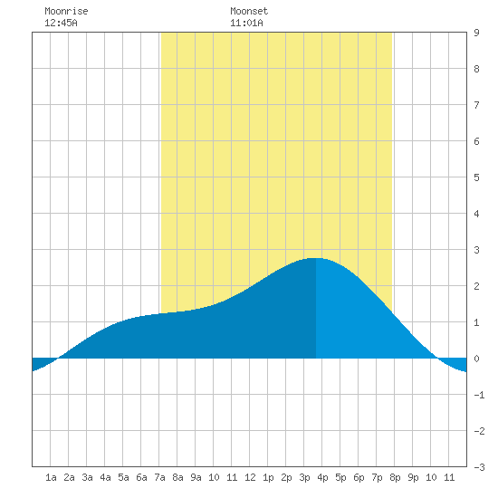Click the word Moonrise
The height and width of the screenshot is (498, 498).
click(x=66, y=11)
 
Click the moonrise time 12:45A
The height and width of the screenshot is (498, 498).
click(x=61, y=23)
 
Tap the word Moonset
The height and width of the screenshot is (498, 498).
click(x=249, y=11)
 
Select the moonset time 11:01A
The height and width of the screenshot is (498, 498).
click(x=246, y=23)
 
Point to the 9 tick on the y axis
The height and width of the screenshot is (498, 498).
click(x=476, y=33)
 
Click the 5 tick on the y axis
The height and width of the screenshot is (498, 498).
click(x=476, y=177)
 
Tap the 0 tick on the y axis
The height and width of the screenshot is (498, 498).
click(x=476, y=359)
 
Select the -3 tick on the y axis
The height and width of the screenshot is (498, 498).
click(x=479, y=467)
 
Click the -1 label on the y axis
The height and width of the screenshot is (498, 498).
click(x=479, y=395)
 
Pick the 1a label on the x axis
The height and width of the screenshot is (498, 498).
click(x=51, y=477)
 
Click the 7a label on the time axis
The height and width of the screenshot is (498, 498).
click(x=159, y=477)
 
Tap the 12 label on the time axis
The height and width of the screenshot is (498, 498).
click(x=250, y=477)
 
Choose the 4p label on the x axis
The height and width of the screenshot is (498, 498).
click(x=322, y=477)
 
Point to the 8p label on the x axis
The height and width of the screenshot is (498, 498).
click(x=395, y=477)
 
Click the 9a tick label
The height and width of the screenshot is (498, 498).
click(x=196, y=477)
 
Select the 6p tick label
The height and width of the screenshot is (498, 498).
click(x=359, y=477)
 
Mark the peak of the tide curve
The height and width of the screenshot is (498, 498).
click(x=316, y=258)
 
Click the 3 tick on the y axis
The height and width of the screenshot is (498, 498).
click(x=476, y=250)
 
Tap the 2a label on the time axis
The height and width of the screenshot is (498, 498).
click(x=69, y=477)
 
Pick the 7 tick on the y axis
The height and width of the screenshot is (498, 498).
click(x=476, y=105)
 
